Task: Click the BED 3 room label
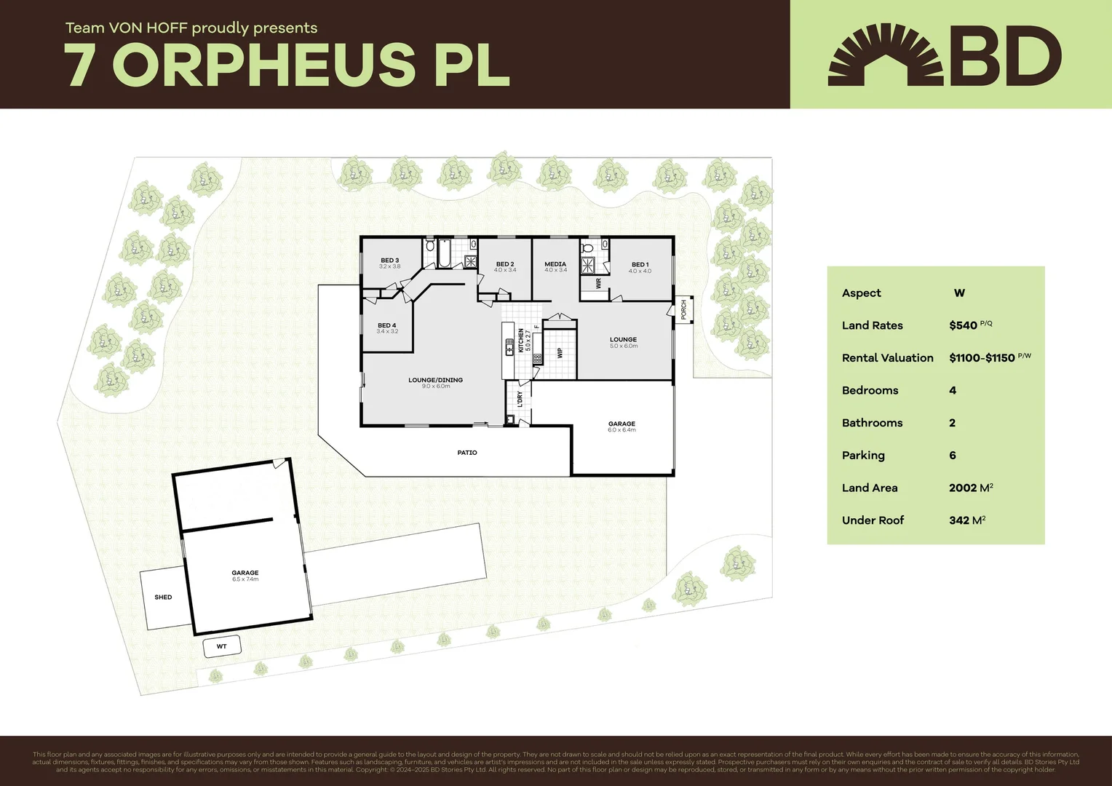(389, 260)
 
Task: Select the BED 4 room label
(386, 325)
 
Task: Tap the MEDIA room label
(555, 264)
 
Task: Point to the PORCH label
(683, 309)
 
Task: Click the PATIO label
(467, 453)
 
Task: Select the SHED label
(163, 598)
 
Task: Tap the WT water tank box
(221, 646)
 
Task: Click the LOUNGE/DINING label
(435, 380)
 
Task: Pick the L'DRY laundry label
(520, 400)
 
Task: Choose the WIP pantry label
(560, 353)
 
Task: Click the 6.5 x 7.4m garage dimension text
(245, 579)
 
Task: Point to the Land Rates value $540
(963, 325)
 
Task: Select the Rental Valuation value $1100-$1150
(982, 358)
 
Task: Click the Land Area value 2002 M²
(971, 488)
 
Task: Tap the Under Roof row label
(873, 520)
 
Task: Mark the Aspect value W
(959, 293)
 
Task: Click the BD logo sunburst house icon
(886, 56)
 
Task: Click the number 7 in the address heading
(79, 65)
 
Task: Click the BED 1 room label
(640, 264)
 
